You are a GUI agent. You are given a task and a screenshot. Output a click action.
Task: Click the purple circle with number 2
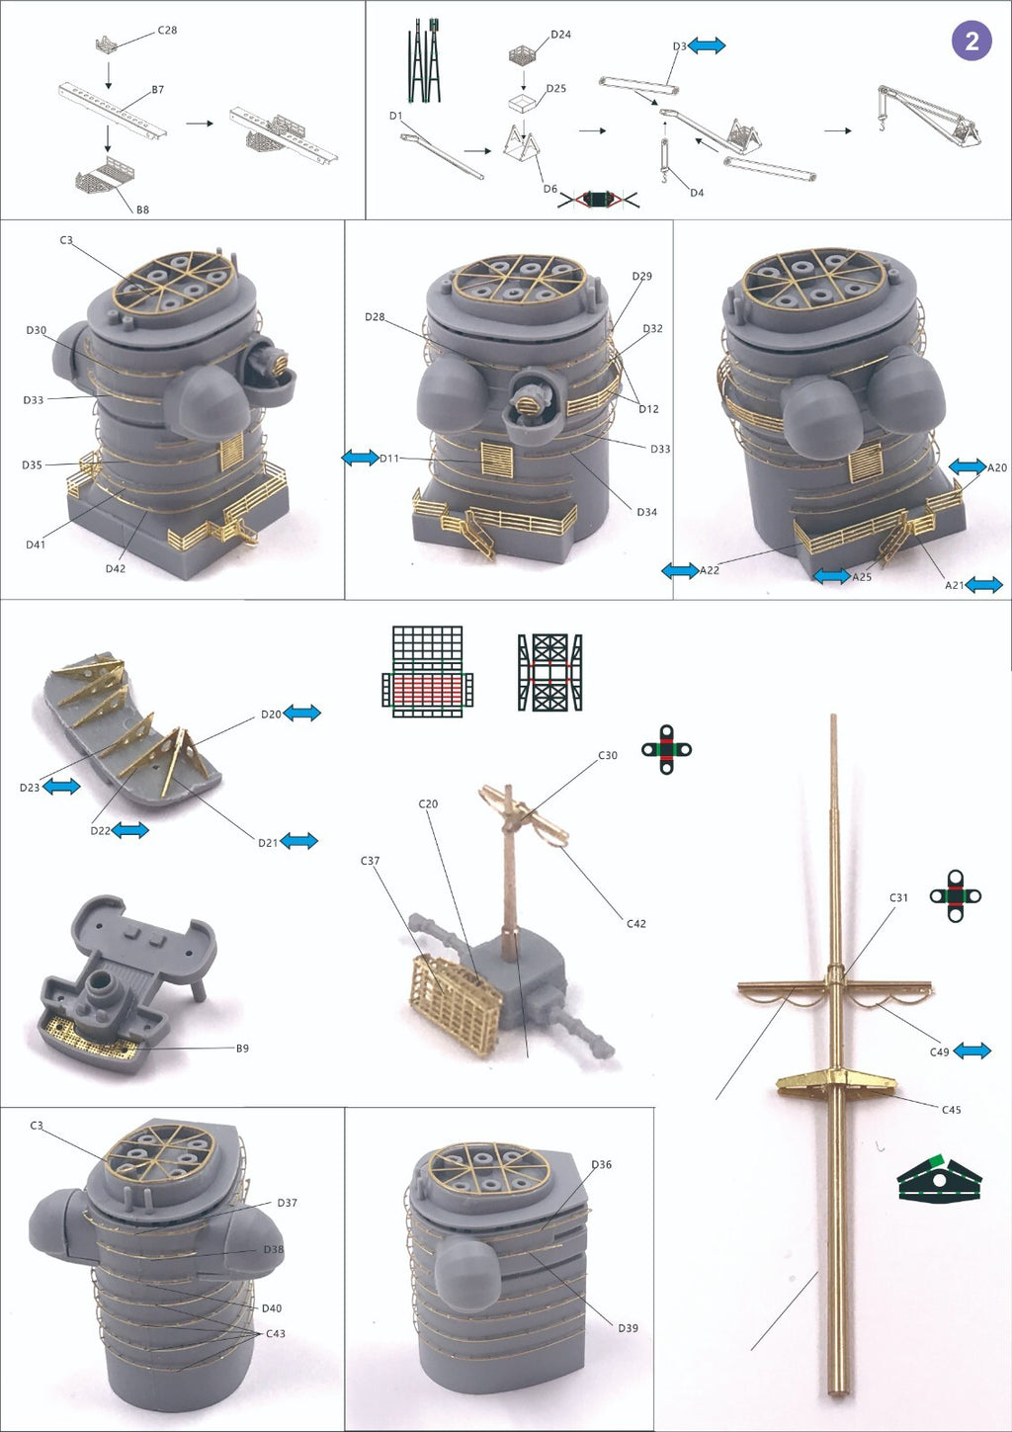pyautogui.click(x=971, y=41)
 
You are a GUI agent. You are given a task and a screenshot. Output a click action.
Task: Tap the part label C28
pyautogui.click(x=167, y=30)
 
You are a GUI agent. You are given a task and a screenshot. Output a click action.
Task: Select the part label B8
pyautogui.click(x=142, y=210)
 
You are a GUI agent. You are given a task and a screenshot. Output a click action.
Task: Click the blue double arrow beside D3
pyautogui.click(x=707, y=44)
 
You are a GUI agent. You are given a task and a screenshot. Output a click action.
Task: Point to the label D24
pyautogui.click(x=560, y=35)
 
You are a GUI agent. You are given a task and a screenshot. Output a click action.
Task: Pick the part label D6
pyautogui.click(x=550, y=189)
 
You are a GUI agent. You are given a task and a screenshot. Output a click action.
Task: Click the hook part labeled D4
pyautogui.click(x=665, y=160)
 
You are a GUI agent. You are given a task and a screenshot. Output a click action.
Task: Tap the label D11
pyautogui.click(x=388, y=459)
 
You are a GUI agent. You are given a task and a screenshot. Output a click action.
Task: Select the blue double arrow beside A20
pyautogui.click(x=968, y=466)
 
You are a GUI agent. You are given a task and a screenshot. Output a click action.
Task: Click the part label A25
pyautogui.click(x=862, y=577)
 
